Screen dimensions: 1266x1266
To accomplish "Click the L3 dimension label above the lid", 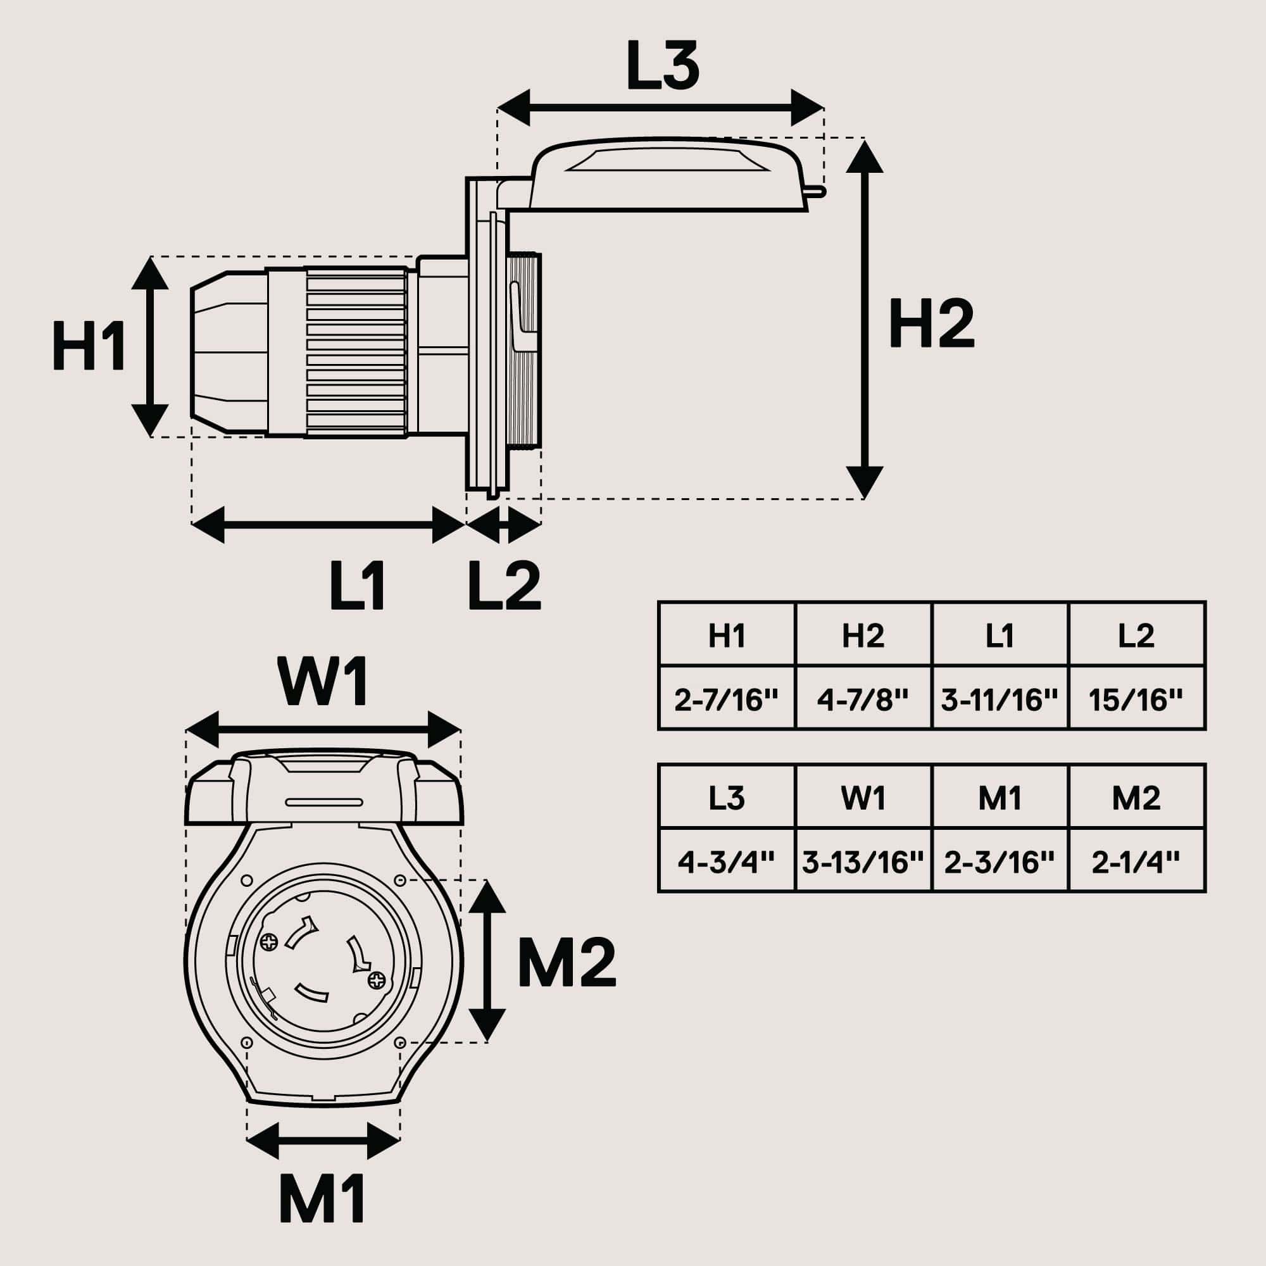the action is pyautogui.click(x=663, y=66).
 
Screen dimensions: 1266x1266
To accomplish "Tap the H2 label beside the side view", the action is pyautogui.click(x=931, y=323).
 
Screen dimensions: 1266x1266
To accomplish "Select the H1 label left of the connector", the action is pyautogui.click(x=89, y=346).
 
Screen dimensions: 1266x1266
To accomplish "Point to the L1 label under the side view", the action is pyautogui.click(x=357, y=586).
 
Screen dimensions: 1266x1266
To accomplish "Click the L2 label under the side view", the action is pyautogui.click(x=505, y=586).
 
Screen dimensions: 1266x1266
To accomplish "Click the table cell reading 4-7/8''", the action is pyautogui.click(x=863, y=701).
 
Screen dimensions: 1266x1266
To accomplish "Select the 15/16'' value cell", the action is pyautogui.click(x=1136, y=701).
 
